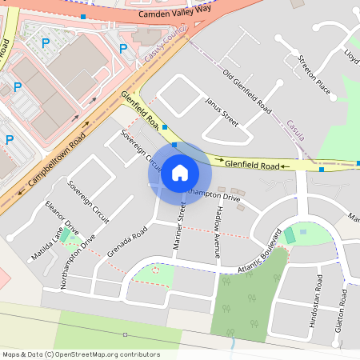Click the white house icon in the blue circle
pos(179,173)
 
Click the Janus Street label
pos(222,112)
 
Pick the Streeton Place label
pos(313,73)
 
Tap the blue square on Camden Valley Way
pos(83,16)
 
